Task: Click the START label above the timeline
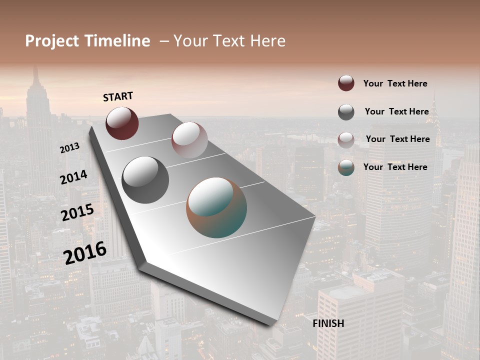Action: (118, 96)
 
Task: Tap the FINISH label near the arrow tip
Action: (328, 323)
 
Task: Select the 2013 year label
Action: (69, 148)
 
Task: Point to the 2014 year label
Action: (73, 177)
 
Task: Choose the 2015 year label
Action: (77, 212)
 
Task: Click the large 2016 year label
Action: (85, 253)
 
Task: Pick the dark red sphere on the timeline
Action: (122, 123)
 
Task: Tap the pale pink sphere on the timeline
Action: (189, 140)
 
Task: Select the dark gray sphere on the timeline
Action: (145, 180)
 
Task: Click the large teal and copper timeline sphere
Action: (216, 207)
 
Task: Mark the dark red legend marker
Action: (346, 83)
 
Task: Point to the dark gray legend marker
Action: (346, 112)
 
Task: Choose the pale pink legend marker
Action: (346, 140)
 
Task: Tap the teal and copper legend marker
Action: (346, 168)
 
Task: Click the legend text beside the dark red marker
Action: (395, 84)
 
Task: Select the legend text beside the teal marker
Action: (395, 167)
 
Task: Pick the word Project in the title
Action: (52, 41)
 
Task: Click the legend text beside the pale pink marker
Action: (397, 139)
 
